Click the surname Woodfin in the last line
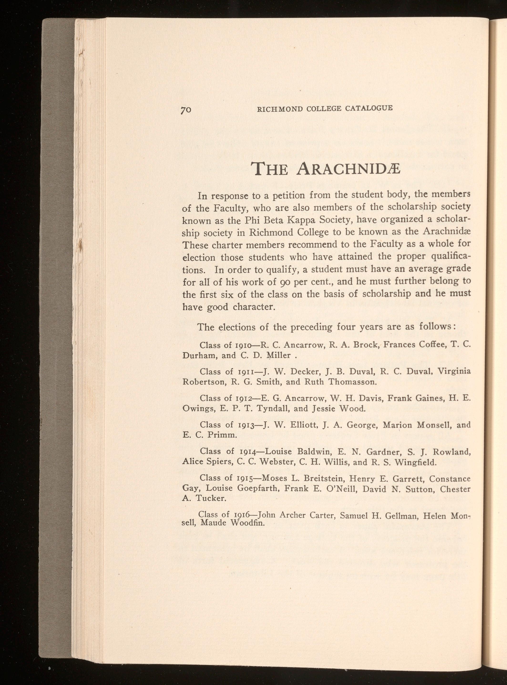[x=247, y=523]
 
